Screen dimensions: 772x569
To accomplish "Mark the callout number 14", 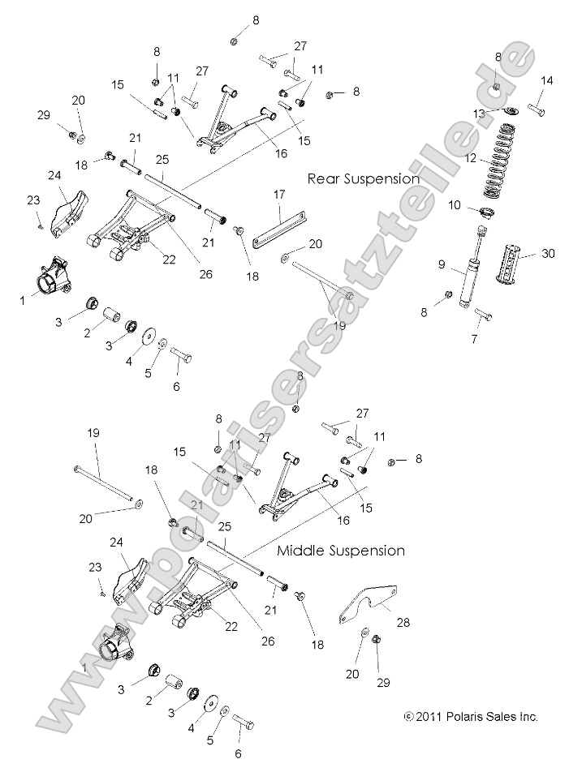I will click(x=545, y=80).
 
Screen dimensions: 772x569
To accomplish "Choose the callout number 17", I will click(x=280, y=195).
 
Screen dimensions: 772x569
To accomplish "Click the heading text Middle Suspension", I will click(x=341, y=551).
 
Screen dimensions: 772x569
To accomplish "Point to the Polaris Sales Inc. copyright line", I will click(x=471, y=717).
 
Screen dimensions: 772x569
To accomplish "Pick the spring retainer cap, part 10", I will click(x=489, y=213).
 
